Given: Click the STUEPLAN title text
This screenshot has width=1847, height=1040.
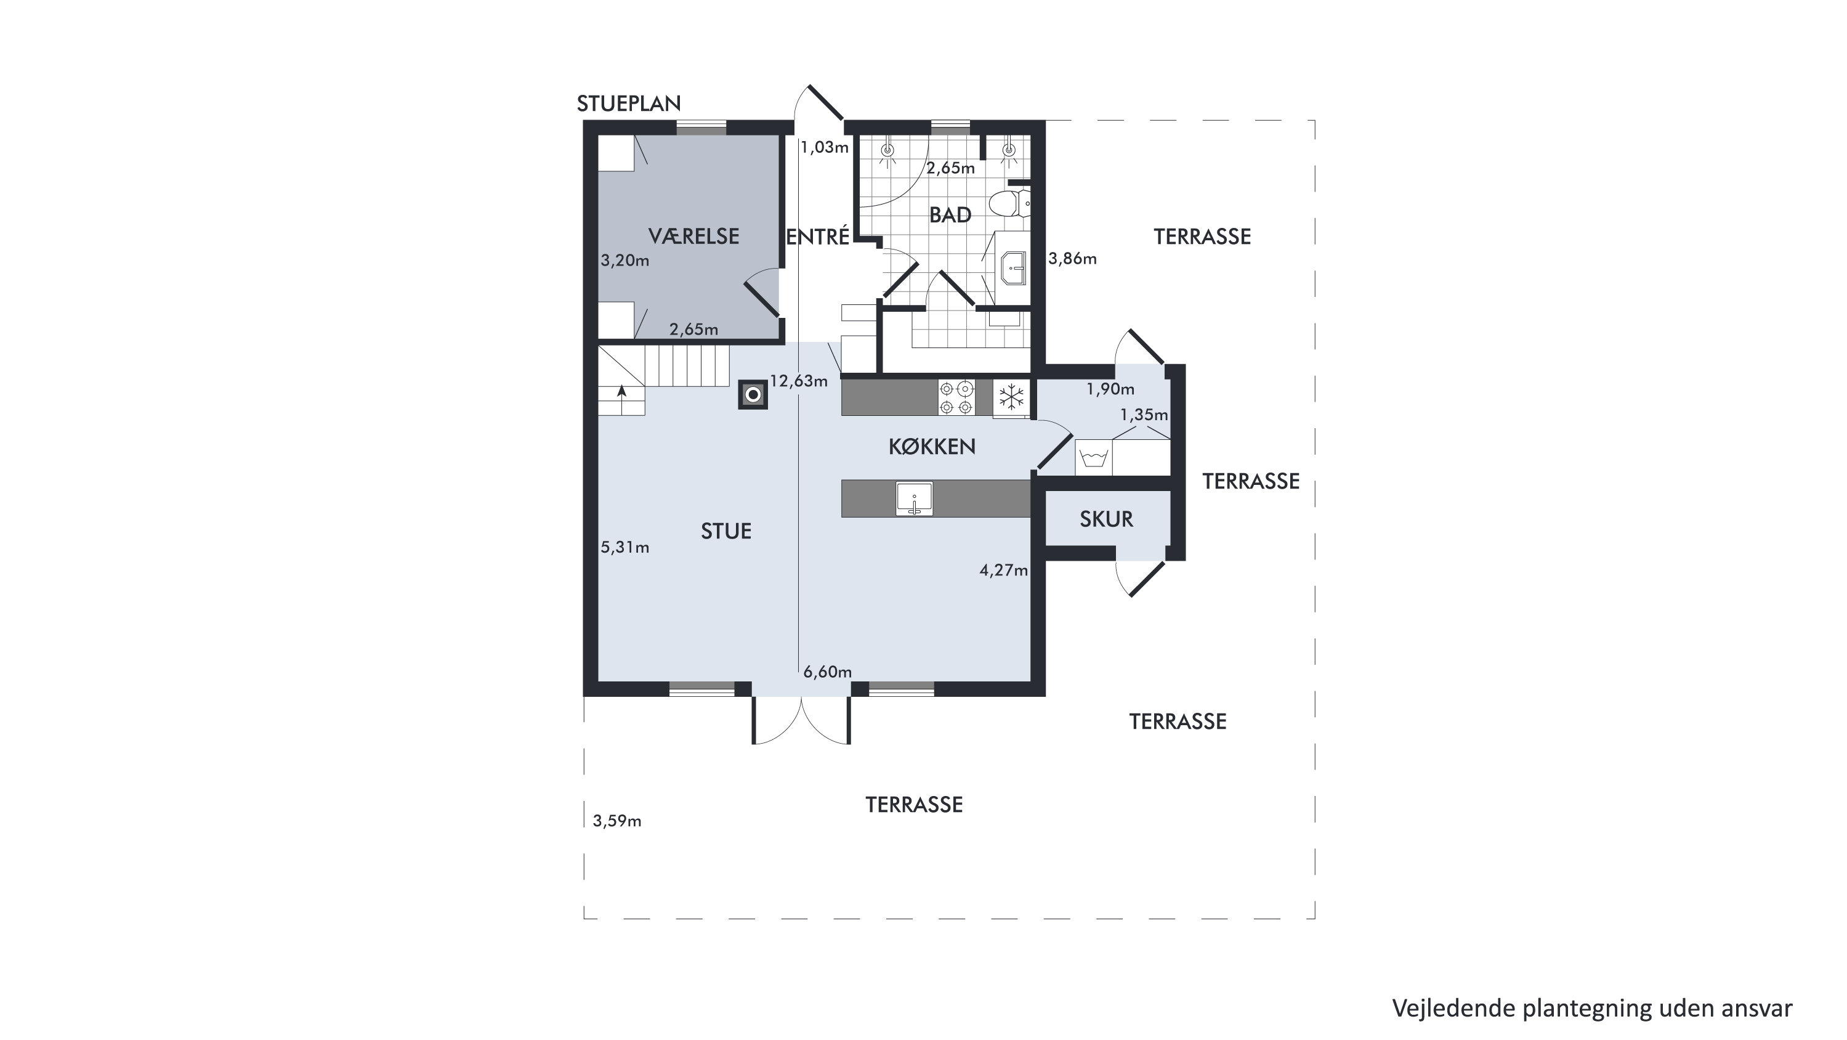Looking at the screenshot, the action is (x=629, y=104).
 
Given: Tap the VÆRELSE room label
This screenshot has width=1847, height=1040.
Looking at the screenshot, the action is (x=693, y=236).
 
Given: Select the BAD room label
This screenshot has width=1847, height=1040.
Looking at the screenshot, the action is (x=950, y=214).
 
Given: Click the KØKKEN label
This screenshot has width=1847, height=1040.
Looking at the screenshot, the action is (x=932, y=447).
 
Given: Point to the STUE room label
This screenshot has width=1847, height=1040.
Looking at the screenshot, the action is (x=725, y=532).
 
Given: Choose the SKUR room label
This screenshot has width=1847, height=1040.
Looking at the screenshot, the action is (x=1106, y=519).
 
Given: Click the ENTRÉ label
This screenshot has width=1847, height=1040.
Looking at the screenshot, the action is (x=818, y=236).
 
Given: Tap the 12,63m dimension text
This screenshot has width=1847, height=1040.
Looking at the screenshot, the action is (x=799, y=381).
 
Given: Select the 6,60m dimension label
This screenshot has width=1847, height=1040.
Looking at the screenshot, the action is (x=827, y=672).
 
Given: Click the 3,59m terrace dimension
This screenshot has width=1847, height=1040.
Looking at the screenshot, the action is (x=616, y=821).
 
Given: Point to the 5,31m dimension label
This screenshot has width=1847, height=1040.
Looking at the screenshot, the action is (x=624, y=548).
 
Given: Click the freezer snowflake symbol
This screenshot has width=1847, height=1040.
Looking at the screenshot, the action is (x=1011, y=397).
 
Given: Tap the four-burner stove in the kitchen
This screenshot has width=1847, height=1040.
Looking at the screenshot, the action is (x=956, y=397).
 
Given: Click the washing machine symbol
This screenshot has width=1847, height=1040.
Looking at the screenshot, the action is (x=1094, y=457).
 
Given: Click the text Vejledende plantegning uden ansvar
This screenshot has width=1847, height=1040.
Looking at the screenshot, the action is (x=1593, y=1009).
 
